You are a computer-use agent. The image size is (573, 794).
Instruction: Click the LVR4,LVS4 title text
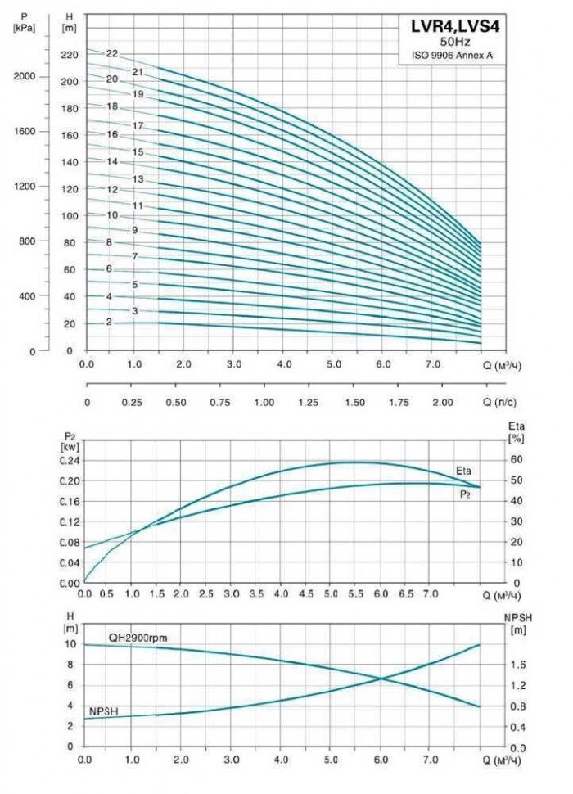[x=454, y=26]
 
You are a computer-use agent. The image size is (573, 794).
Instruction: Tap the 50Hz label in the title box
[x=454, y=42]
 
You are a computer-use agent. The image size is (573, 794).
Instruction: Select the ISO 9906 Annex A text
[x=454, y=56]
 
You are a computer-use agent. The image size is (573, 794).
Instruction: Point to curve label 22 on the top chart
[x=112, y=54]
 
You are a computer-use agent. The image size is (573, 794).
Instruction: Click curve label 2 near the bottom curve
[x=108, y=323]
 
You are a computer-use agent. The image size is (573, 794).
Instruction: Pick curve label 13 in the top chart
[x=138, y=179]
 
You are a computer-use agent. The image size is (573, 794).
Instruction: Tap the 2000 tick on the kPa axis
[x=26, y=76]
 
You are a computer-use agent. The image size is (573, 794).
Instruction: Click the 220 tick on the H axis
[x=69, y=55]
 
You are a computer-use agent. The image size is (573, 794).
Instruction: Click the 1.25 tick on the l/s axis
[x=309, y=404]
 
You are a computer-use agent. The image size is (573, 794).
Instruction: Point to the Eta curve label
[x=463, y=471]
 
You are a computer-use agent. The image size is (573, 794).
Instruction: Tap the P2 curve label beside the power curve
[x=464, y=494]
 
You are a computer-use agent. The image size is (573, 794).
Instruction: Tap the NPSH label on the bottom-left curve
[x=104, y=711]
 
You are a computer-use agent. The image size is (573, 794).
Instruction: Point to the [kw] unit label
[x=69, y=448]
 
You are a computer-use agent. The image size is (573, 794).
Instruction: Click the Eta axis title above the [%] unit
[x=516, y=426]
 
